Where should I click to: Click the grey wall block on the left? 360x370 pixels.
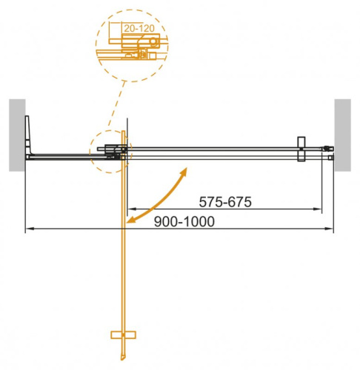(17, 134)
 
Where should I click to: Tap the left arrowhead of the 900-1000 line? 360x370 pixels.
(30, 229)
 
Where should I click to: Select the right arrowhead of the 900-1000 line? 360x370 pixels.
(330, 229)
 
